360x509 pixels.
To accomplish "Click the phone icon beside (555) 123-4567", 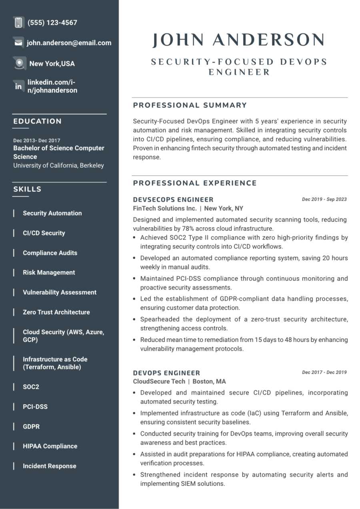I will point(18,22).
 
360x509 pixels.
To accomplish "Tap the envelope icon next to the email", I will point(18,42).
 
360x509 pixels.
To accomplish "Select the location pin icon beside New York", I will point(19,63).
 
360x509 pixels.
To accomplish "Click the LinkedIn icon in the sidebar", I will point(18,86).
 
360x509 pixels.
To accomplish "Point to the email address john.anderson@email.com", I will point(69,43).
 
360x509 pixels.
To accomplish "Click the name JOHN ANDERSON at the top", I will point(239,40).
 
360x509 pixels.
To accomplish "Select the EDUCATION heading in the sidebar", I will point(38,121).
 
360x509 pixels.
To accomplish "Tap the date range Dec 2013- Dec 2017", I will point(37,140).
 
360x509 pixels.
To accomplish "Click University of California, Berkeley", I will point(58,165).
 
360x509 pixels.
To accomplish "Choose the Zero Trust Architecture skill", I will point(56,312).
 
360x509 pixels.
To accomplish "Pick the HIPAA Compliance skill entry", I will point(50,446).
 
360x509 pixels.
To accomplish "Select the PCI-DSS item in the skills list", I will point(35,407).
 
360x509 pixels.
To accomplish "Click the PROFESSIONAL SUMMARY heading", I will point(190,105).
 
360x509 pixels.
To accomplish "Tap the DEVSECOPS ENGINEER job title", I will point(173,200).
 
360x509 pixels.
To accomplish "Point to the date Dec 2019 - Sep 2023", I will point(324,199).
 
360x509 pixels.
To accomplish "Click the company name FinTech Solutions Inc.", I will point(165,208).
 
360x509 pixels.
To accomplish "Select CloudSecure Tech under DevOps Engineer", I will point(159,381).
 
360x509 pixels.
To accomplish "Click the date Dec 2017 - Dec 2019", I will point(324,372).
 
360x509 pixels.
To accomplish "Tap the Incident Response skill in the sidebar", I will point(49,466).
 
